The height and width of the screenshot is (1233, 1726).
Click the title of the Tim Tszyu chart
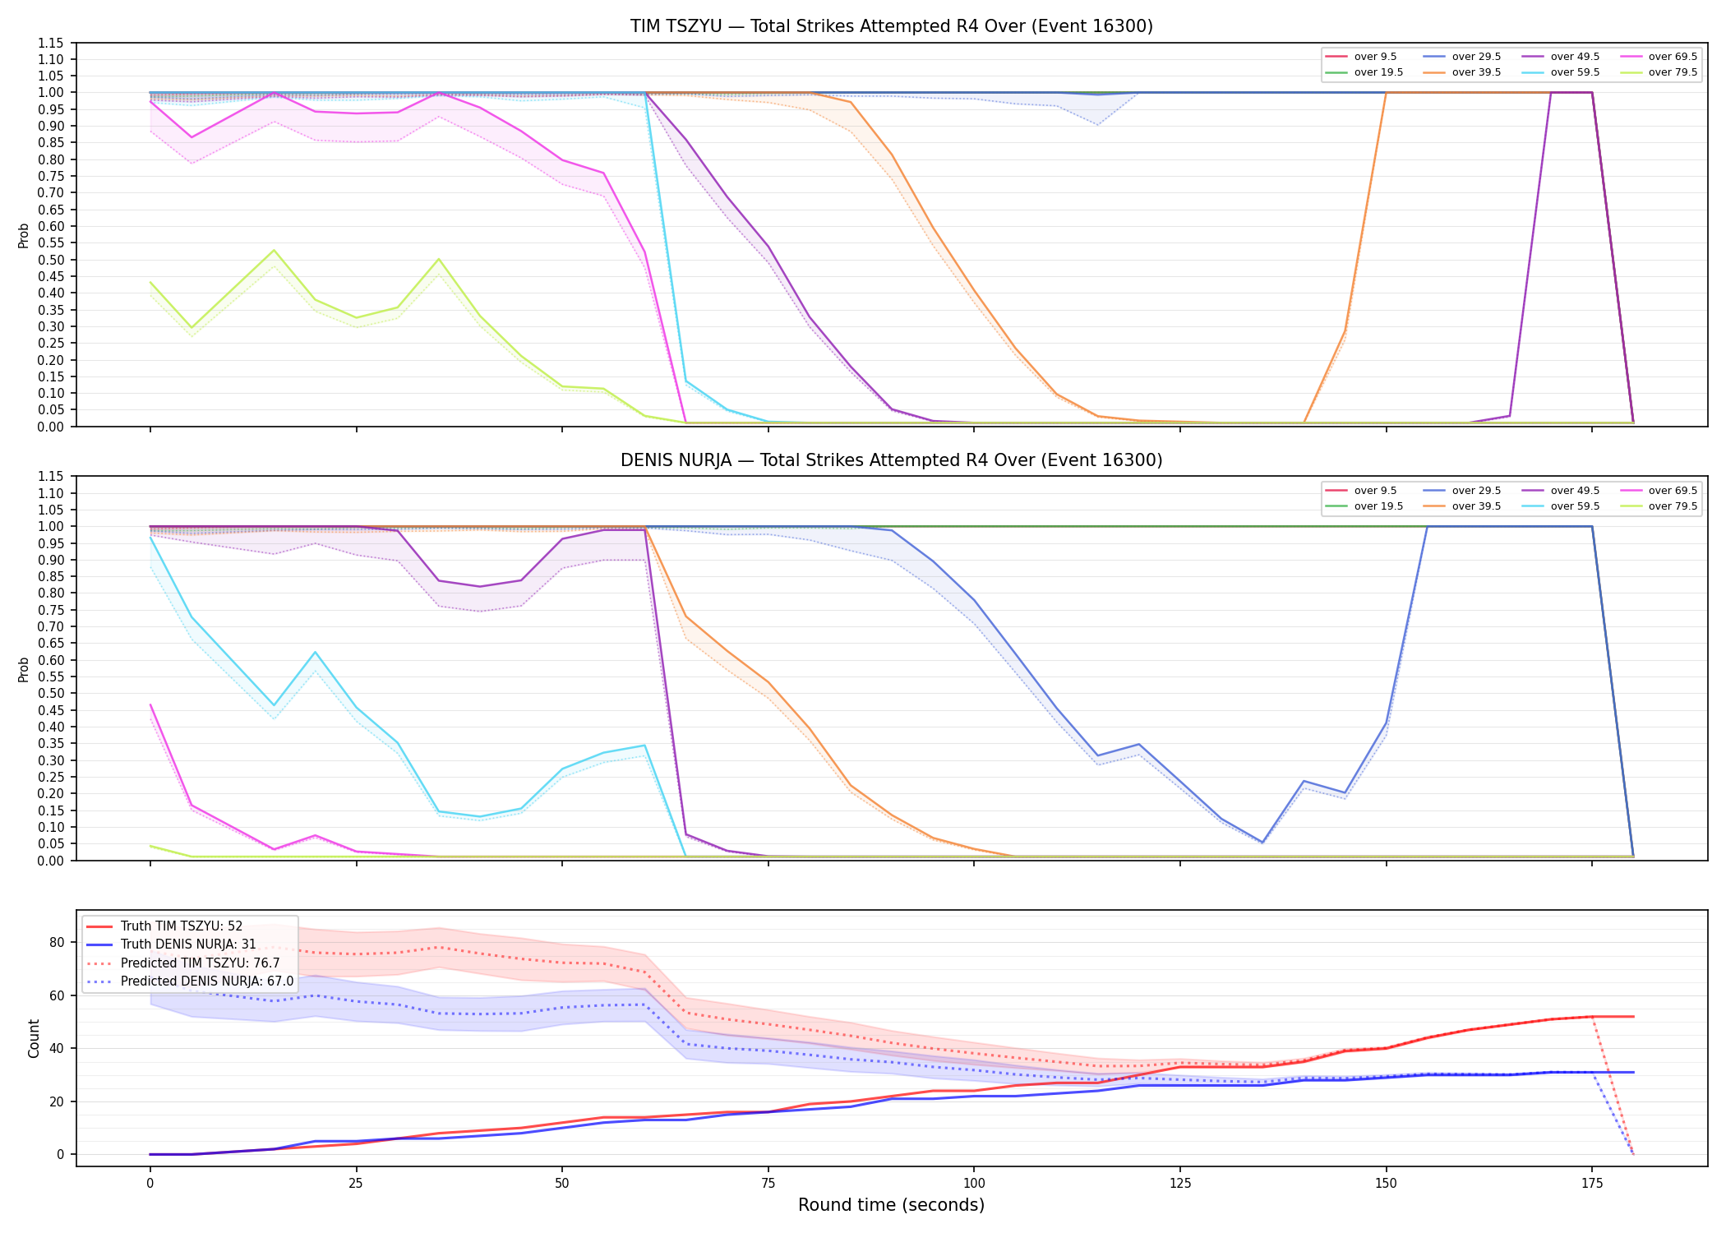click(891, 26)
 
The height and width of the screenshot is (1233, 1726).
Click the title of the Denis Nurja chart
click(891, 460)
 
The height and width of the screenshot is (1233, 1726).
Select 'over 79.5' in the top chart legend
click(1673, 72)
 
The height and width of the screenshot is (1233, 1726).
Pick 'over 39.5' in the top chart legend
click(1476, 72)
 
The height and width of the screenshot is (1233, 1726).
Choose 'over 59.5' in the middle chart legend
click(1575, 506)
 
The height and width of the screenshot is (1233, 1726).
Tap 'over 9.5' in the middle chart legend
click(1375, 491)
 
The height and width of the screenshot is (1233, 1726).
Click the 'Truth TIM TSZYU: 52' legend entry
click(181, 926)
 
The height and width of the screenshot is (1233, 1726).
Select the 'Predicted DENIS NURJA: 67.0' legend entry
click(206, 981)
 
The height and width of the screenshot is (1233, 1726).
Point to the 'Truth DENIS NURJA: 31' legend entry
click(188, 944)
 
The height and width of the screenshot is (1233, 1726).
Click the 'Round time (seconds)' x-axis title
click(891, 1205)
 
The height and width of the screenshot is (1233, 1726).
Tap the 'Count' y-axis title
click(34, 1038)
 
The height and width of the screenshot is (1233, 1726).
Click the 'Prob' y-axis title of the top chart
click(24, 235)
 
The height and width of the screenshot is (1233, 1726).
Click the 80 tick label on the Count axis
click(57, 943)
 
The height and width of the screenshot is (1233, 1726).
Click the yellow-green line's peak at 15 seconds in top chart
click(274, 250)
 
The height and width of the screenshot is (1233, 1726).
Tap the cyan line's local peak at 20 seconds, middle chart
click(315, 653)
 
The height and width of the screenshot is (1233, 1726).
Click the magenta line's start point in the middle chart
click(150, 705)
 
